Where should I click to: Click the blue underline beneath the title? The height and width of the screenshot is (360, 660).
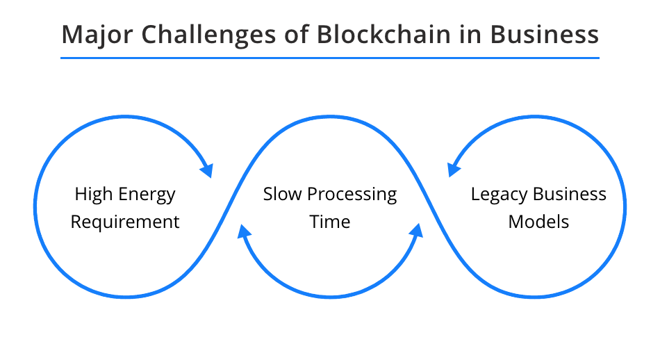(330, 58)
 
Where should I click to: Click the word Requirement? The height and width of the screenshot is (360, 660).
(125, 222)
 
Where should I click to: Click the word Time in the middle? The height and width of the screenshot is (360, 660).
(330, 222)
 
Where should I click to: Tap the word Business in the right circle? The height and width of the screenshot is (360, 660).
(570, 194)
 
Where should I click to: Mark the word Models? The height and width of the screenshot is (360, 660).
(538, 222)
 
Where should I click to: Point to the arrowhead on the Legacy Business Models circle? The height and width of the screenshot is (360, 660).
(454, 170)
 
